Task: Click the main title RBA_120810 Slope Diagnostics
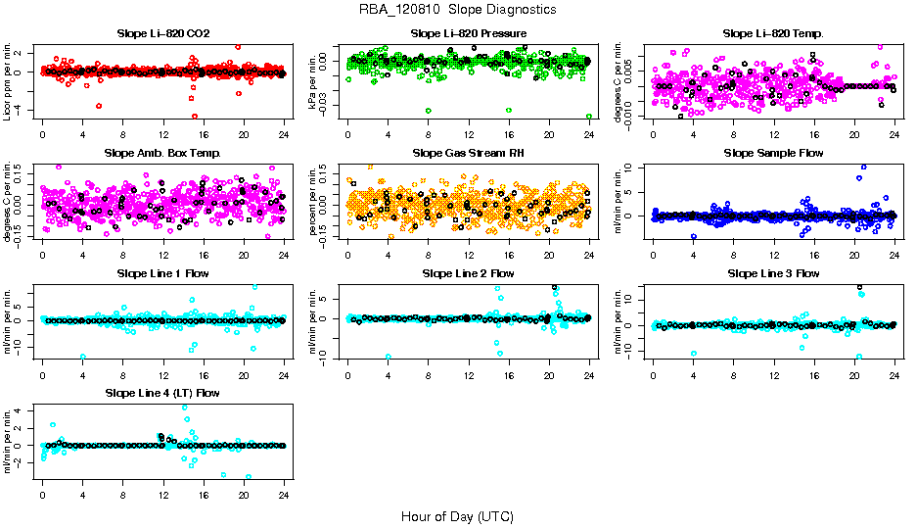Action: tap(457, 10)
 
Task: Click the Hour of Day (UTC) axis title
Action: tap(457, 516)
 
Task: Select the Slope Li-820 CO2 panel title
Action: tap(163, 34)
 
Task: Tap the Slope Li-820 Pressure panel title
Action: tap(469, 34)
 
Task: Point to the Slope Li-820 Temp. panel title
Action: tap(773, 34)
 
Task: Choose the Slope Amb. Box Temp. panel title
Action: tap(163, 154)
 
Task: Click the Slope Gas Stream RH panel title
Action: tap(469, 154)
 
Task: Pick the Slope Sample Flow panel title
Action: tap(773, 154)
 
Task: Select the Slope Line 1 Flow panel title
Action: tap(163, 273)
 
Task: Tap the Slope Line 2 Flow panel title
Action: tap(469, 273)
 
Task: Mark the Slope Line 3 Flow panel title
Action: tap(773, 273)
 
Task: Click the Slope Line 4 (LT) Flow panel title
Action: tap(163, 393)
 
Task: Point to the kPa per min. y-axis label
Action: tap(314, 81)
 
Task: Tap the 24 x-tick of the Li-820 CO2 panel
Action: tap(284, 134)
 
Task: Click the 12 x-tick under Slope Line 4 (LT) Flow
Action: tap(163, 493)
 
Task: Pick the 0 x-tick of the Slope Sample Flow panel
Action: tap(653, 254)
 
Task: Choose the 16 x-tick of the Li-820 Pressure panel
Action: tap(509, 134)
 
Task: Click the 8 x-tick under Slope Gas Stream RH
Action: tap(429, 254)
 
